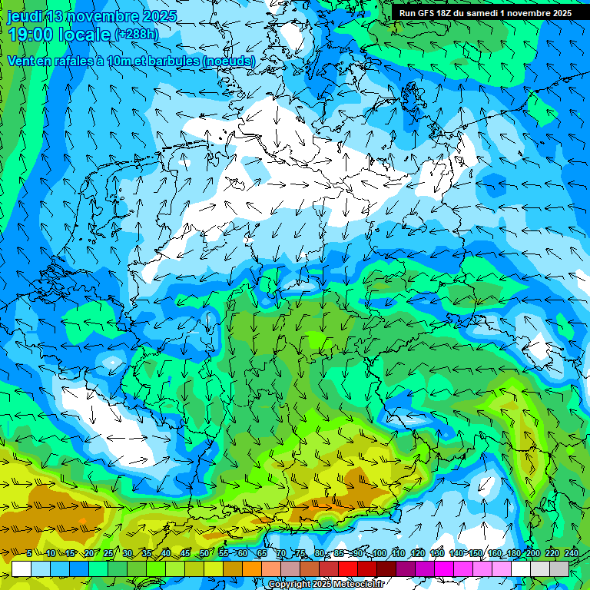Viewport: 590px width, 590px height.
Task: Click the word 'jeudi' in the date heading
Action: coord(25,16)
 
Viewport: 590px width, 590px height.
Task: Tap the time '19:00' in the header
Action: coord(33,35)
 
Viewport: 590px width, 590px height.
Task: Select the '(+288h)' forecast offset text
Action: coord(136,35)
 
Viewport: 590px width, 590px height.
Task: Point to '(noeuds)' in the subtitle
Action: coord(226,61)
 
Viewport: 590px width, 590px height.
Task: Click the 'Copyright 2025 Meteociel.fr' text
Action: coord(326,585)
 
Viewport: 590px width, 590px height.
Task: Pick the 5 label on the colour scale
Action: coord(28,553)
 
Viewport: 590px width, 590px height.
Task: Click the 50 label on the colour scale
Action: coord(204,553)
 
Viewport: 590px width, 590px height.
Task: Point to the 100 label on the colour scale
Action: coord(380,553)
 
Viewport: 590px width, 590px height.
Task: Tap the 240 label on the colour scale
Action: coord(572,553)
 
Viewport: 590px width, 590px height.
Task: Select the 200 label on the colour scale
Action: coord(532,553)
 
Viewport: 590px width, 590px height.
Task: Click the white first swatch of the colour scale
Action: coord(22,568)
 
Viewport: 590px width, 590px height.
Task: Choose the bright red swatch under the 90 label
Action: coord(348,568)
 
